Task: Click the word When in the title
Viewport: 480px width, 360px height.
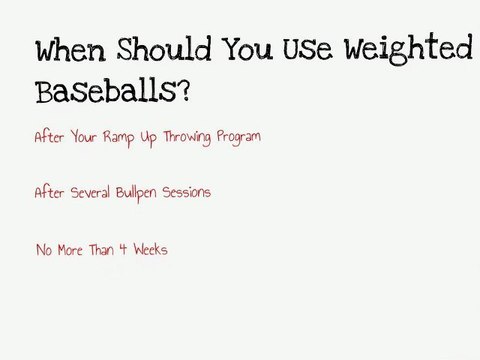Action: [71, 50]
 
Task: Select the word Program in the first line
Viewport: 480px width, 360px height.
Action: [240, 137]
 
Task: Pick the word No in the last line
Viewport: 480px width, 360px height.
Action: [43, 250]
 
